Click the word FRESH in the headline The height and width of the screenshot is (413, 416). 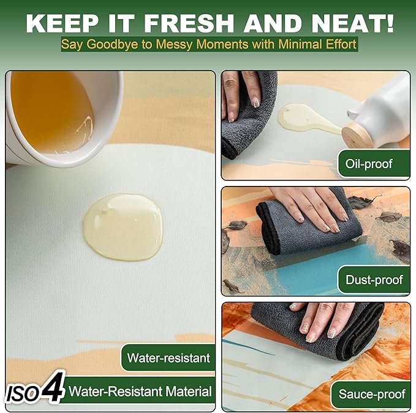189,24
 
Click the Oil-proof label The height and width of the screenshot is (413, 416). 369,164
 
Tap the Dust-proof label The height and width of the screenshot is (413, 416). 374,280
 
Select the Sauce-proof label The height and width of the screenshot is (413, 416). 372,394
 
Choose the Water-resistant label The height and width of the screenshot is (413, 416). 168,358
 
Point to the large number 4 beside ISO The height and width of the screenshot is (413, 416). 53,387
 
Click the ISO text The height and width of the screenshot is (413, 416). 23,393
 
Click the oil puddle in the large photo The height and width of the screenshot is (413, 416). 123,226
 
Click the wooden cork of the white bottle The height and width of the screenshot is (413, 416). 356,136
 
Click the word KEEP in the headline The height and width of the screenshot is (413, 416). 62,24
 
